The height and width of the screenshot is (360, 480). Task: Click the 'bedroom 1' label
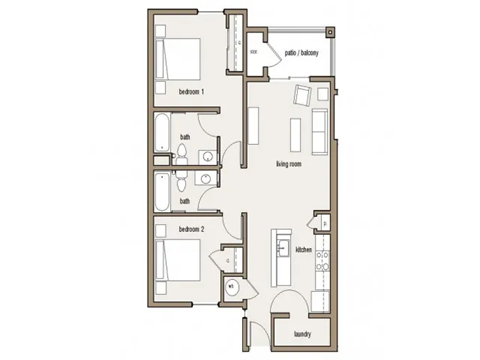pos(191,92)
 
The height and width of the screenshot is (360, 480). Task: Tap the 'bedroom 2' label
pos(191,230)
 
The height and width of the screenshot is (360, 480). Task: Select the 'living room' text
pos(290,163)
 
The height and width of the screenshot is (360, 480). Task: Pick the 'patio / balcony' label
pos(301,51)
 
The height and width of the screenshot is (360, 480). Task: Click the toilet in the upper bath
pos(182,153)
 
